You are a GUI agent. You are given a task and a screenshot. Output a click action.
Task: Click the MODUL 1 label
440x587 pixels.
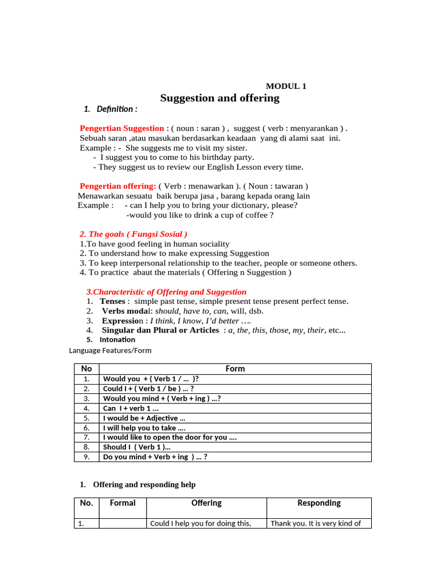(286, 86)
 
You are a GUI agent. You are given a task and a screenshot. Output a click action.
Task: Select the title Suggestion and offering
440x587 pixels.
(220, 98)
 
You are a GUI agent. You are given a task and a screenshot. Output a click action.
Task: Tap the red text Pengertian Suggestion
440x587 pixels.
(121, 128)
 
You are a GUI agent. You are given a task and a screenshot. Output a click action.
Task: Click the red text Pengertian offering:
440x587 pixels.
(118, 186)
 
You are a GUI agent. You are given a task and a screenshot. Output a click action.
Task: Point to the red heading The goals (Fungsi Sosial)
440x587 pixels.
(133, 234)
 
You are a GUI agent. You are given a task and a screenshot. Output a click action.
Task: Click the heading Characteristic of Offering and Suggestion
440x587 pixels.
(166, 292)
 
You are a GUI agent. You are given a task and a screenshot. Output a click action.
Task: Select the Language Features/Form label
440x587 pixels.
(110, 350)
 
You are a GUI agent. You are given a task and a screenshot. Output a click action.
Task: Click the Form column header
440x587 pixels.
(235, 369)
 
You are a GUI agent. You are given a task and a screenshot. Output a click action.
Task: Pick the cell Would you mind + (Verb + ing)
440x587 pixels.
(162, 398)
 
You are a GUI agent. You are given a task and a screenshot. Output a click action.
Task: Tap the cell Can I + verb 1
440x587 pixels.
(131, 409)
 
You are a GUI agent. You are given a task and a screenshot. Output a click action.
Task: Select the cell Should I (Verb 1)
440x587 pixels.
(136, 447)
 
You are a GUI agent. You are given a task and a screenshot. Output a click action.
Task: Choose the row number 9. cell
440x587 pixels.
(87, 457)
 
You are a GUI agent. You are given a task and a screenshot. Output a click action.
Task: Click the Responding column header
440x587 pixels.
(319, 503)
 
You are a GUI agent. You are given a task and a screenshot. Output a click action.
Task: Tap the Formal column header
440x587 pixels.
(123, 503)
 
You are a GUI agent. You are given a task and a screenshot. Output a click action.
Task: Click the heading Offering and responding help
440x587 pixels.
(144, 484)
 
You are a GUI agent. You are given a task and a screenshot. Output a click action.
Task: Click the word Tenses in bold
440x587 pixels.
(113, 302)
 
